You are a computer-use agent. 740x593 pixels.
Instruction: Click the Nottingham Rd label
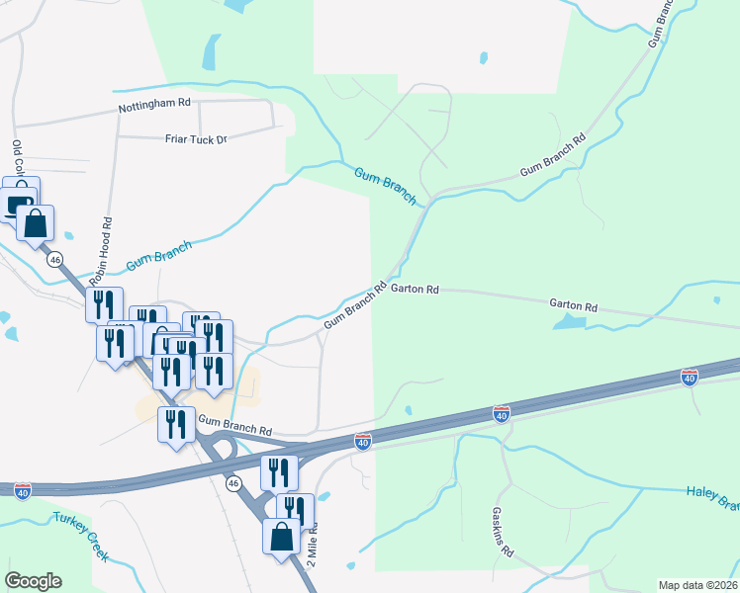pyautogui.click(x=154, y=103)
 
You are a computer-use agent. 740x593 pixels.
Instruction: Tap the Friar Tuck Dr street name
pyautogui.click(x=196, y=139)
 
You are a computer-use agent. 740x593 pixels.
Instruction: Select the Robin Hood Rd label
pyautogui.click(x=104, y=246)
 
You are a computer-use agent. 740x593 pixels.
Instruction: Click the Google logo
pyautogui.click(x=33, y=581)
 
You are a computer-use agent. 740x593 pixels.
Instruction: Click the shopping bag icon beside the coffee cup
pyautogui.click(x=35, y=223)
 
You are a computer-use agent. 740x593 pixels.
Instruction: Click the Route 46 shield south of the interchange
pyautogui.click(x=233, y=483)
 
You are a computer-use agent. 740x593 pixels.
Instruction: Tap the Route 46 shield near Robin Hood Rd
pyautogui.click(x=54, y=259)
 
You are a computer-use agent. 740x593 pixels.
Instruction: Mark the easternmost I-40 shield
pyautogui.click(x=690, y=377)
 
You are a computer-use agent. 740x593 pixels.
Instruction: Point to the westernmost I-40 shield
pyautogui.click(x=23, y=489)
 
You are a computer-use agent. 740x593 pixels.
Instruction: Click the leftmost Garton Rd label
pyautogui.click(x=415, y=290)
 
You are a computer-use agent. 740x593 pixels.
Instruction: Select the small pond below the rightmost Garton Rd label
pyautogui.click(x=568, y=322)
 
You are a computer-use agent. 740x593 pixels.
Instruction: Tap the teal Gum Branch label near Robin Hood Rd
pyautogui.click(x=159, y=257)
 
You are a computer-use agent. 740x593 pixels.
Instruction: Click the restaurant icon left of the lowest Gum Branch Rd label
pyautogui.click(x=175, y=424)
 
